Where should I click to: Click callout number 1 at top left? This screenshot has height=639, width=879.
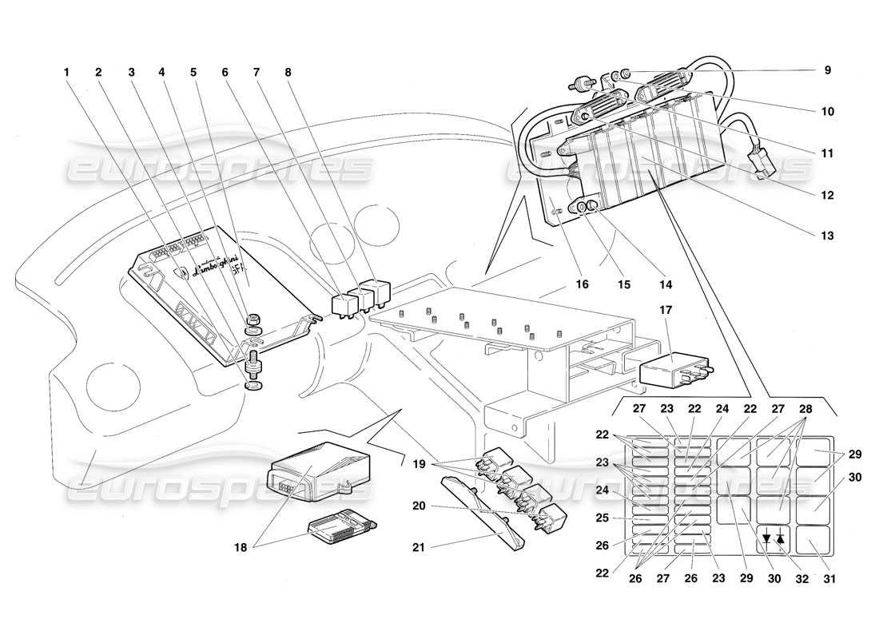[x=67, y=70]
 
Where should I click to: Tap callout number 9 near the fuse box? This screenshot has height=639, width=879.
[x=828, y=70]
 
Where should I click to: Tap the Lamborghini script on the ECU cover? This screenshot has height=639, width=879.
[x=205, y=268]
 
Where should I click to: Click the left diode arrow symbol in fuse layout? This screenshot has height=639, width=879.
[x=766, y=538]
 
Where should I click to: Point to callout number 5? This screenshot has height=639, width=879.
[x=193, y=70]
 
